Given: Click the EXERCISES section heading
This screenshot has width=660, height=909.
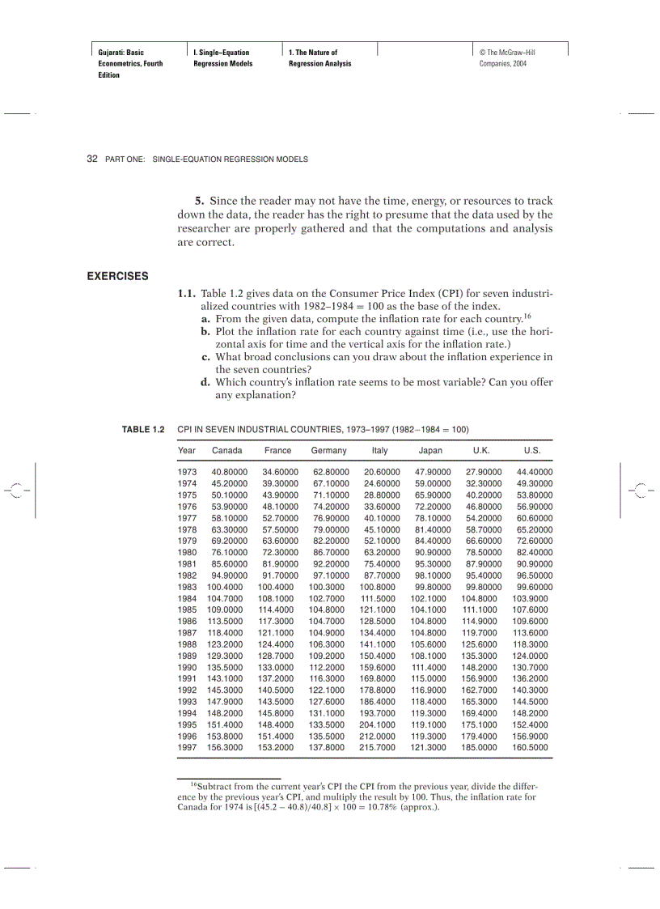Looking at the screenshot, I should [117, 276].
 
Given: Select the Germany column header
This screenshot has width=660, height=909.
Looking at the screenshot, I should [328, 450].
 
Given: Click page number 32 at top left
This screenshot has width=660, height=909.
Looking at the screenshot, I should [92, 159].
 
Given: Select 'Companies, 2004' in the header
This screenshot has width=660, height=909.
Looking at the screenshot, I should [502, 63].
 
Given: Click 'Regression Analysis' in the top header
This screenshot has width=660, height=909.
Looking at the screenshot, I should [319, 63].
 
